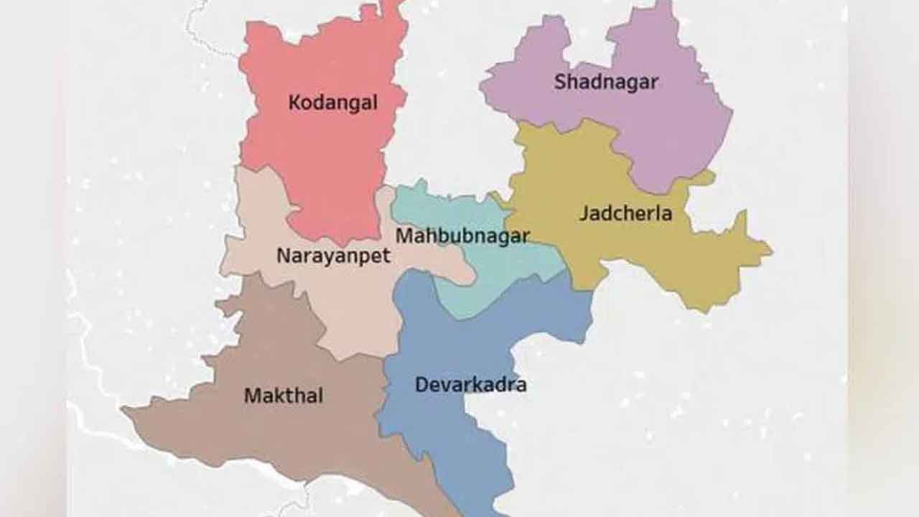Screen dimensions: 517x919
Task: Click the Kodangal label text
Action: (x=332, y=103)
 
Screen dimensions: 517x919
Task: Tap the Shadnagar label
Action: (x=605, y=82)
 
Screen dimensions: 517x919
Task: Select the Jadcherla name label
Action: (x=625, y=213)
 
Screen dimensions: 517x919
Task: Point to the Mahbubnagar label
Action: (x=462, y=236)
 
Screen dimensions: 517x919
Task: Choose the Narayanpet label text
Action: (x=333, y=256)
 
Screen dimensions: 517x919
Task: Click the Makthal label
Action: (x=284, y=396)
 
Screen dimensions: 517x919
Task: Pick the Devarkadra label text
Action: (x=470, y=385)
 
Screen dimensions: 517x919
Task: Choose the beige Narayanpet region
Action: (x=345, y=302)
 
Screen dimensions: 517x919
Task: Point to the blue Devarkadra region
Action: (x=445, y=431)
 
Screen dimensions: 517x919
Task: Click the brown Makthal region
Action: (x=287, y=438)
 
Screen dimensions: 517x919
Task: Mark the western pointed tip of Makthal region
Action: (x=123, y=410)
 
